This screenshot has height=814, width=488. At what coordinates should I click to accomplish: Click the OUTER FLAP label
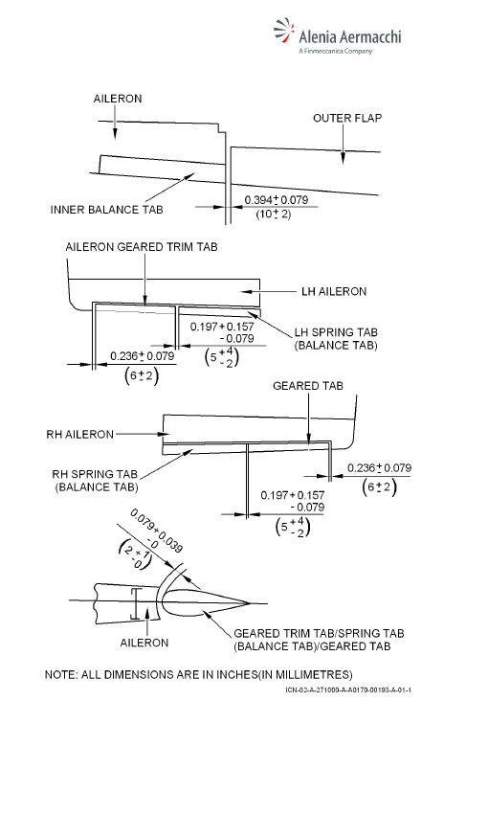tap(347, 119)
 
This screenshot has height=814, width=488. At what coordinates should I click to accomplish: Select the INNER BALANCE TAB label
tap(106, 210)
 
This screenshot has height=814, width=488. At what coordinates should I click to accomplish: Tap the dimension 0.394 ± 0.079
tap(276, 200)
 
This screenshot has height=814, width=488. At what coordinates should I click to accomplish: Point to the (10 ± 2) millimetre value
tap(274, 214)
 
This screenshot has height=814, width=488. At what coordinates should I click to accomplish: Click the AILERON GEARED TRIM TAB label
tap(141, 247)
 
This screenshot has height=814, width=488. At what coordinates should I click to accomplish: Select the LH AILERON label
tap(334, 292)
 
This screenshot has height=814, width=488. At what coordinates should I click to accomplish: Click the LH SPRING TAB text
tap(336, 332)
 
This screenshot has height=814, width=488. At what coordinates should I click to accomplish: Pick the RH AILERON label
tap(79, 435)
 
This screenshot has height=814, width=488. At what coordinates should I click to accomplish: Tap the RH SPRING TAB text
tap(95, 474)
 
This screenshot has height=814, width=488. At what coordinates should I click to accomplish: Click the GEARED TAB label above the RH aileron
tap(308, 386)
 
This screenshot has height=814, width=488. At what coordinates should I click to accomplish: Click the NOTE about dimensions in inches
tap(199, 675)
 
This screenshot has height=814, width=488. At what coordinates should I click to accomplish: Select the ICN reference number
tap(348, 690)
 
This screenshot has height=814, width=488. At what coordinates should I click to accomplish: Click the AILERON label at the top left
tap(118, 99)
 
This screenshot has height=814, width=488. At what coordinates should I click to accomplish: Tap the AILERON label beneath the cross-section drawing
tap(144, 643)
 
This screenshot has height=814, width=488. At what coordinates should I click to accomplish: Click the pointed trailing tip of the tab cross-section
tap(251, 603)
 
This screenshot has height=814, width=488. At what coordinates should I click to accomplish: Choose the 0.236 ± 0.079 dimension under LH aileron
tap(143, 356)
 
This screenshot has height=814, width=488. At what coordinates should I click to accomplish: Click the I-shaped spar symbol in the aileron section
tap(135, 603)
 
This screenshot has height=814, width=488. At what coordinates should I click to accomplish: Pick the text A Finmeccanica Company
tap(336, 51)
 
